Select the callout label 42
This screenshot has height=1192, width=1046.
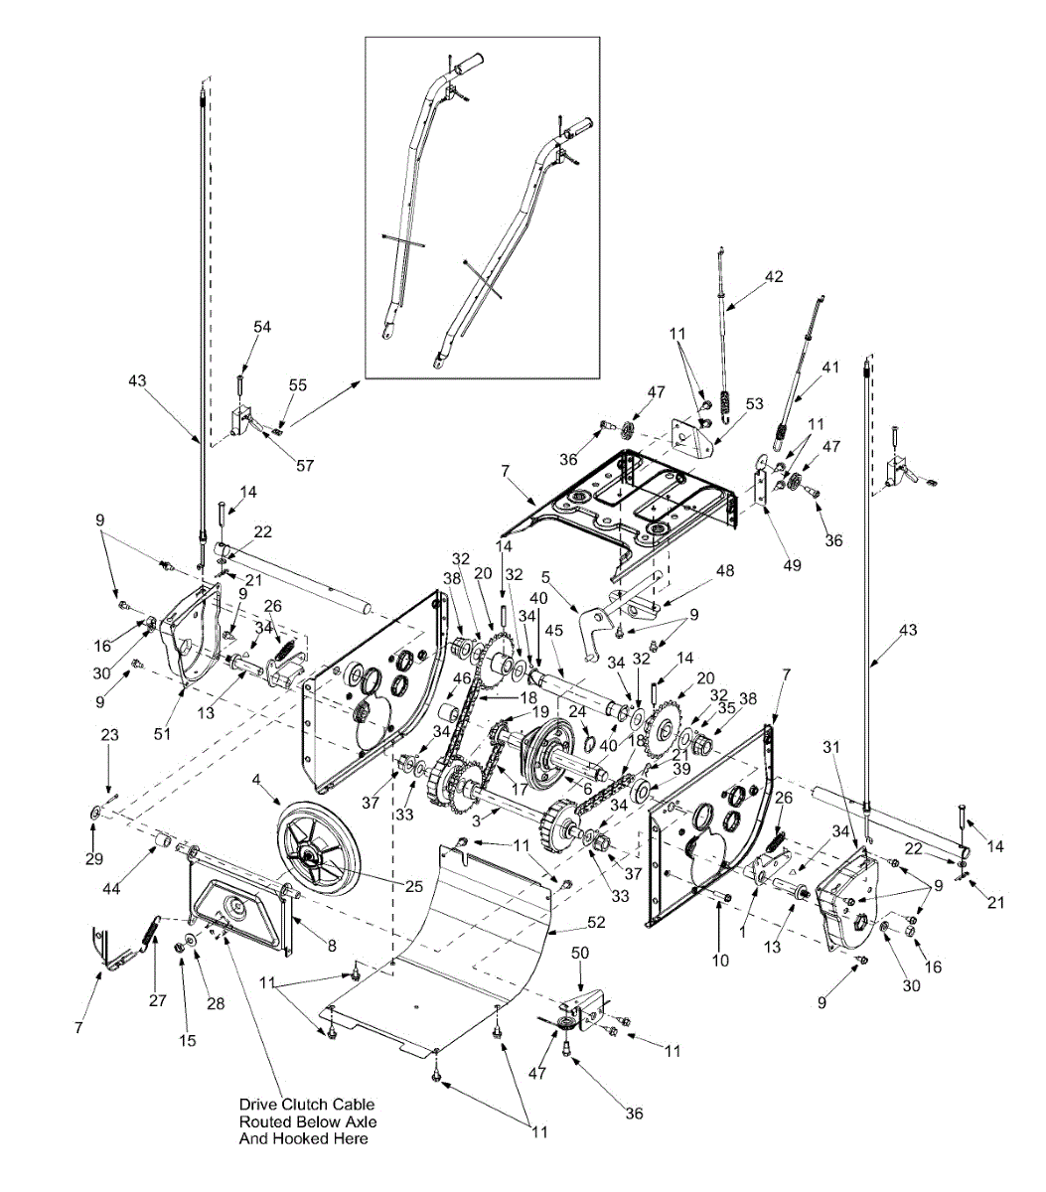click(773, 278)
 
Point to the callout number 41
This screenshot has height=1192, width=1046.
click(830, 367)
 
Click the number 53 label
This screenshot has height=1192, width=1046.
click(755, 404)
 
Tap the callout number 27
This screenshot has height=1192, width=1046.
click(158, 1000)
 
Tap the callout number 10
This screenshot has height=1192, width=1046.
click(720, 960)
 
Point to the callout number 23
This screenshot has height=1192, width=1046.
click(109, 737)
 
